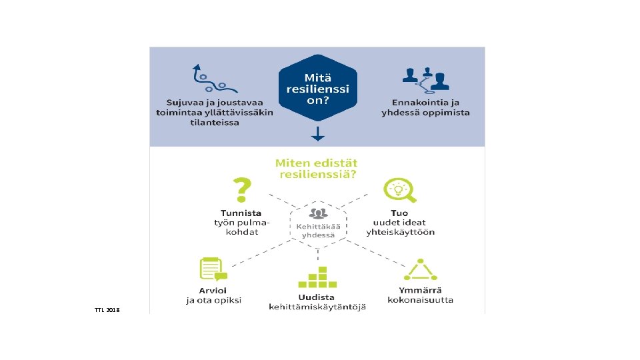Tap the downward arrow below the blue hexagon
pyautogui.click(x=318, y=134)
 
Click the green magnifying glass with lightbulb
pyautogui.click(x=400, y=190)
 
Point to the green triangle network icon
pyautogui.click(x=421, y=270)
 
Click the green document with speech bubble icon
pyautogui.click(x=213, y=270)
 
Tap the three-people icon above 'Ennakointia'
pyautogui.click(x=425, y=80)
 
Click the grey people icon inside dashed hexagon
pyautogui.click(x=318, y=214)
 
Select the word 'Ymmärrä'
pyautogui.click(x=420, y=290)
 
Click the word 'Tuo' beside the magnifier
pyautogui.click(x=400, y=213)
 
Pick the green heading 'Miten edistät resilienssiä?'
pyautogui.click(x=316, y=168)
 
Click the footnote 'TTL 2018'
pyautogui.click(x=107, y=310)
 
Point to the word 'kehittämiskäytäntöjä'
pyautogui.click(x=317, y=307)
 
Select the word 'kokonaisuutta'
pyautogui.click(x=421, y=300)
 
